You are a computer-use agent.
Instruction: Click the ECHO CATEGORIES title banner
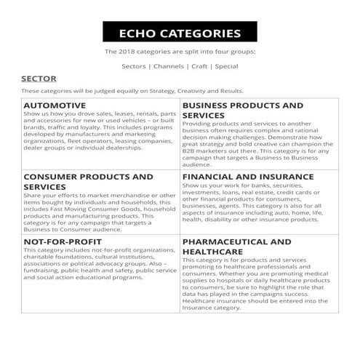(180, 33)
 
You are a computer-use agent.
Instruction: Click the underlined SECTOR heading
(38, 78)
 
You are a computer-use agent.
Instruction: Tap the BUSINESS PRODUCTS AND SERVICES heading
(242, 110)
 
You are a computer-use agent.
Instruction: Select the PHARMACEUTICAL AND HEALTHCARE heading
(236, 245)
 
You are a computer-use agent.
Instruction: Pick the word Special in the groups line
(227, 66)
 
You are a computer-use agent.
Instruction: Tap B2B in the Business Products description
(191, 148)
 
